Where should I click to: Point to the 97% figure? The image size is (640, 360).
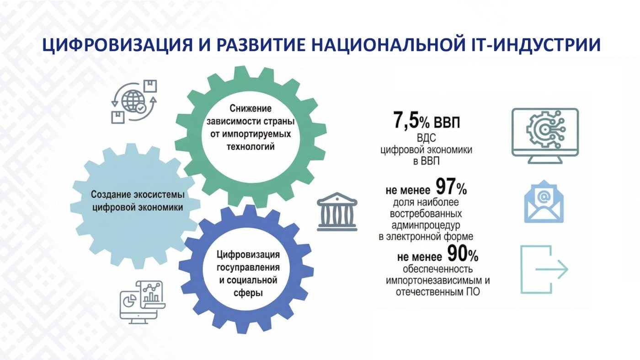(452, 187)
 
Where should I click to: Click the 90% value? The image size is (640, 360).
(463, 254)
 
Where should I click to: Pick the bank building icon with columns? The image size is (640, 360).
(337, 212)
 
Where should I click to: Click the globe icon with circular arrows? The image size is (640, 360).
(134, 102)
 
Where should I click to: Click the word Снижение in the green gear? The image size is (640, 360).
(251, 109)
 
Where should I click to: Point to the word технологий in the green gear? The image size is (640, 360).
(251, 147)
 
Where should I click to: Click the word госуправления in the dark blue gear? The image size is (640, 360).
(248, 268)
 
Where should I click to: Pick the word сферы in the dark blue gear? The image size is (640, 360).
(248, 293)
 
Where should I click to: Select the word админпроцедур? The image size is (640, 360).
(426, 226)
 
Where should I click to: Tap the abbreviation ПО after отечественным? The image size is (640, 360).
(473, 292)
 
